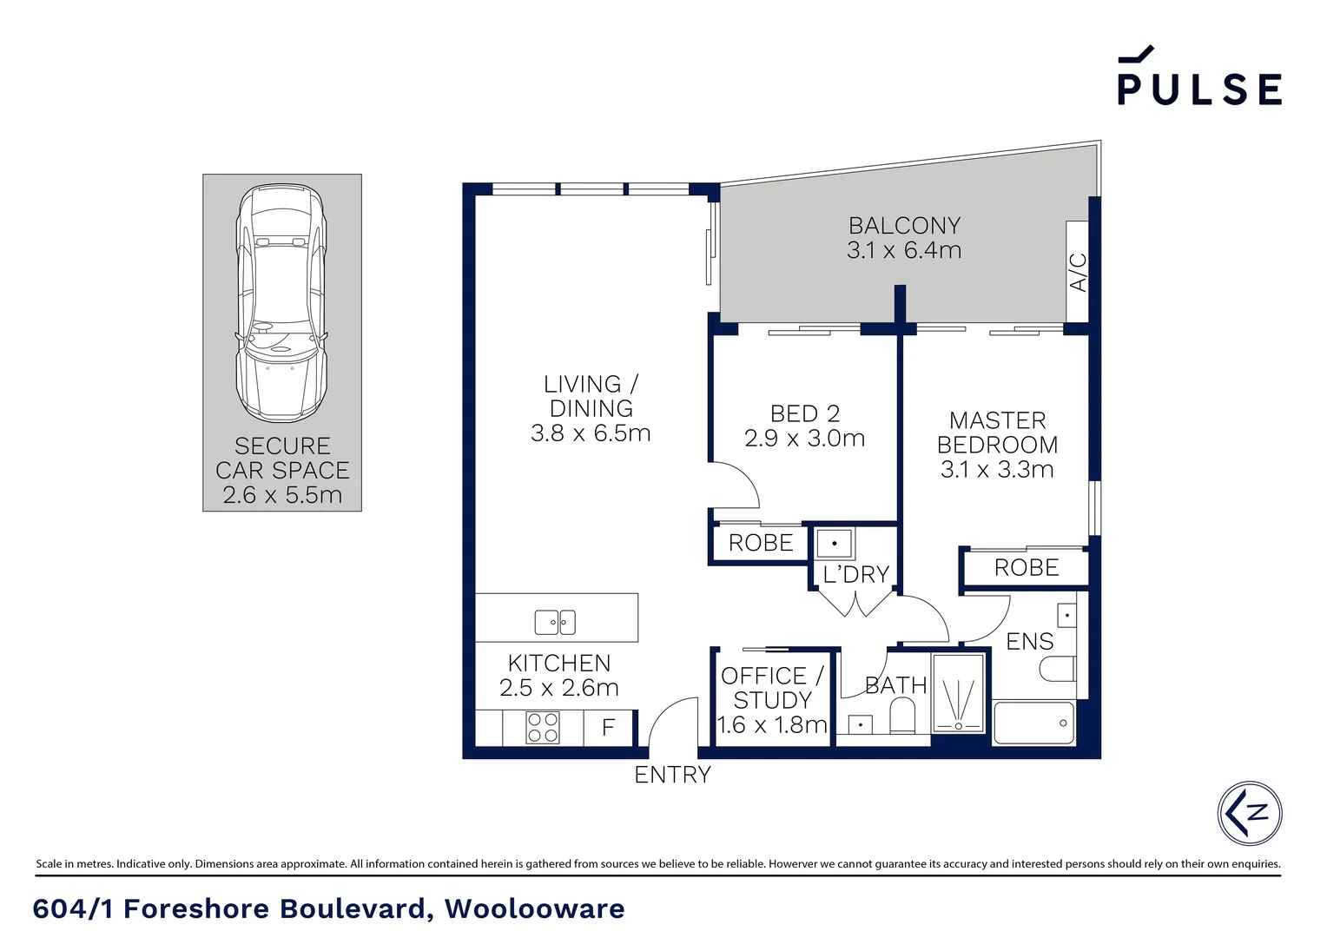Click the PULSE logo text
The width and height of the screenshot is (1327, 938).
point(1199,88)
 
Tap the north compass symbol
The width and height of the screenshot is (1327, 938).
point(1249,813)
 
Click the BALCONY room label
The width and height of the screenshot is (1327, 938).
point(904,226)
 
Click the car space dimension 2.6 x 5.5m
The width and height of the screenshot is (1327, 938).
point(282,495)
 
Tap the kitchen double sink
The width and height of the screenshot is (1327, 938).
point(555,622)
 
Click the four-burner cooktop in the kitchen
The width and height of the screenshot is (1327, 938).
point(543,727)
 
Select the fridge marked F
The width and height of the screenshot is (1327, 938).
point(609,727)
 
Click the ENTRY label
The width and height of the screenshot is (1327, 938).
point(672,775)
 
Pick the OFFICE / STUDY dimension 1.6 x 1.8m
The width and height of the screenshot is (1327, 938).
point(771,724)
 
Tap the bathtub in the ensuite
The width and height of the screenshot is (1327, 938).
point(1033,723)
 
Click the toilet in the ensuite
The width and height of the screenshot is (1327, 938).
point(1059,669)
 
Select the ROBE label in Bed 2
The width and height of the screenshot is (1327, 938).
point(761,543)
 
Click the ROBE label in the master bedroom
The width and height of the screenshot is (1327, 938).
point(1026,568)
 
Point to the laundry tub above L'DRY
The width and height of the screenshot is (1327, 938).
point(835,544)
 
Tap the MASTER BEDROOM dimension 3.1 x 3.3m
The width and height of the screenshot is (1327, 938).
point(997,470)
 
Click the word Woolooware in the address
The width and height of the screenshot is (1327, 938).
point(534,908)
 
